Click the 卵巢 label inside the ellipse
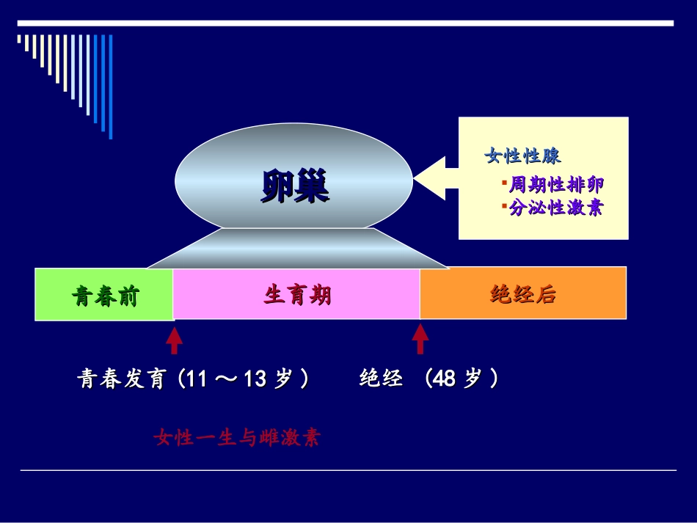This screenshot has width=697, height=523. point(295,187)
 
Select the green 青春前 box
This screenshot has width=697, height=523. point(105,295)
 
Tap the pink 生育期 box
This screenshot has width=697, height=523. point(296,295)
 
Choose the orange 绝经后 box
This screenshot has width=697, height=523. point(522,294)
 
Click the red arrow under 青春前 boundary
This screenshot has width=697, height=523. point(174,340)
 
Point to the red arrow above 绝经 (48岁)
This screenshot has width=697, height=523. point(420,338)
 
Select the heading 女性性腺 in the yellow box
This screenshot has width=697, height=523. point(523,156)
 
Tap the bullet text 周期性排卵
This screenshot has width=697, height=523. point(557,184)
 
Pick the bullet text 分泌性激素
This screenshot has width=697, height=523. point(557,208)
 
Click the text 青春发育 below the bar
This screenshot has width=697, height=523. point(121,379)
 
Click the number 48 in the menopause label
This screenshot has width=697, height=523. point(445,379)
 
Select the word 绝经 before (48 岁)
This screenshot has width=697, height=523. point(381,379)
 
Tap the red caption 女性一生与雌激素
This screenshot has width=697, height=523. point(237,439)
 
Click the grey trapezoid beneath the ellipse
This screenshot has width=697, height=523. point(296,249)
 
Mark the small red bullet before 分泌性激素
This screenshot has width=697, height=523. point(505,206)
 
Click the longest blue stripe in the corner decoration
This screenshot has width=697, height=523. point(111,87)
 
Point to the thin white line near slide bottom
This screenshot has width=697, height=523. point(348,470)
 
